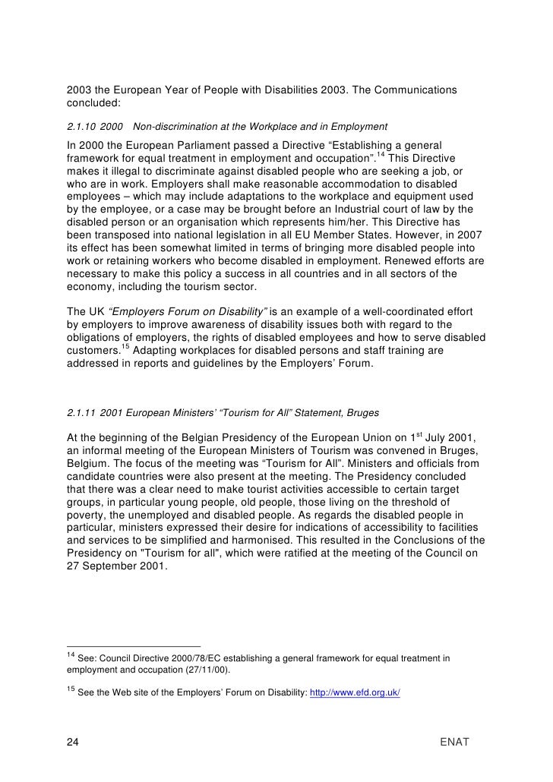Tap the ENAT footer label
[456, 741]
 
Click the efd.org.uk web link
[355, 695]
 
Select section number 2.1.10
[81, 125]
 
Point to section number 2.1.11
[81, 412]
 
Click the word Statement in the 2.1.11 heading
[304, 412]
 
